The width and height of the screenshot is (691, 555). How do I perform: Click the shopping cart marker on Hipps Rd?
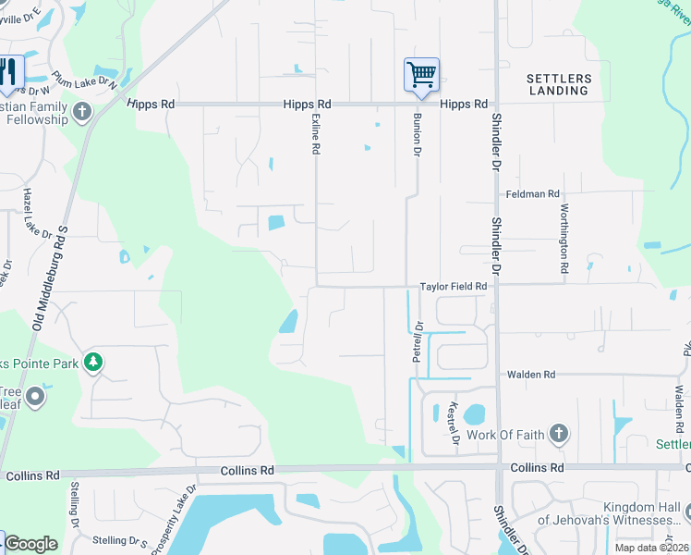click(x=421, y=74)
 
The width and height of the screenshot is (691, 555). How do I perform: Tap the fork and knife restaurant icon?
click(x=9, y=73)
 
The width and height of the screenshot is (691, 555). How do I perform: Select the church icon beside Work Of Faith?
click(x=557, y=433)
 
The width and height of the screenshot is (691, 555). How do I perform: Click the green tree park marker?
click(x=92, y=362)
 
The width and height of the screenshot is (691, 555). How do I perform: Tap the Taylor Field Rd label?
click(x=453, y=287)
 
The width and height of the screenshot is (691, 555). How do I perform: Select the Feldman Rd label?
click(x=533, y=194)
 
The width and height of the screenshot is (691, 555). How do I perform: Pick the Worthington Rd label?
click(x=564, y=239)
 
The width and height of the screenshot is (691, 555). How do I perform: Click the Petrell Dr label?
click(x=418, y=340)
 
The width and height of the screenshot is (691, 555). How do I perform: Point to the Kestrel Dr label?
click(x=453, y=422)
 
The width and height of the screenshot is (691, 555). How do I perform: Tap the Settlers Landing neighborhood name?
click(x=559, y=85)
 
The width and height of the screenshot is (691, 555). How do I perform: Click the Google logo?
click(x=30, y=544)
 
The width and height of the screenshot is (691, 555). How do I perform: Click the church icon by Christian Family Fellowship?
click(x=82, y=113)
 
